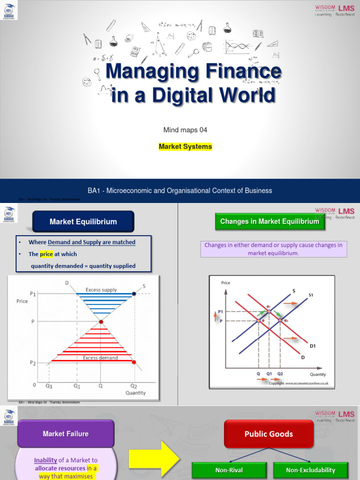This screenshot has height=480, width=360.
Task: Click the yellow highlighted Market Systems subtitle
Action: pos(185,147)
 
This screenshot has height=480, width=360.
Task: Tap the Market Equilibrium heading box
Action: pos(83,222)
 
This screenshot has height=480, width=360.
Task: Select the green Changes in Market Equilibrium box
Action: pos(269,221)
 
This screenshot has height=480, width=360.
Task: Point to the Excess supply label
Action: pos(101,290)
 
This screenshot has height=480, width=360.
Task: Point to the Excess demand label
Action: pos(100,358)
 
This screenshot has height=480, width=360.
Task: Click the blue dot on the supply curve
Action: pos(134,293)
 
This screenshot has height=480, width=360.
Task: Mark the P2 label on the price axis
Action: pos(32,363)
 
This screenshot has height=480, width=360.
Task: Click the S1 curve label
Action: pos(311,295)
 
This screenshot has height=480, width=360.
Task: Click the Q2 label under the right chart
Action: pos(280,374)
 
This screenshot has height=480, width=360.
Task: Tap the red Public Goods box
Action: pos(269,434)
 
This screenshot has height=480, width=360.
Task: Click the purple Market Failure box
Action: pos(66,434)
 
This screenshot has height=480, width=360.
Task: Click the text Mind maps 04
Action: pos(185,129)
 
